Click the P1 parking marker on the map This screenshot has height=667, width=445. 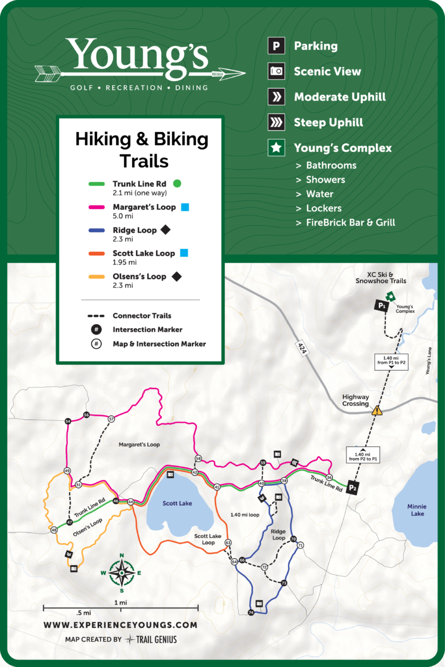click(x=381, y=305)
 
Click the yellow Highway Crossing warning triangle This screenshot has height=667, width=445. click(x=377, y=411)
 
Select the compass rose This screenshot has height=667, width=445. click(x=122, y=573)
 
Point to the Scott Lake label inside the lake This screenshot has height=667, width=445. click(x=177, y=503)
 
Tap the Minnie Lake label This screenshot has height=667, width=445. click(x=417, y=510)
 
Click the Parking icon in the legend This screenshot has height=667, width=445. click(x=276, y=46)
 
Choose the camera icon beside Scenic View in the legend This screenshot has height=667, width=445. click(x=276, y=72)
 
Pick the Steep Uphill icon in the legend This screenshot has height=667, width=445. click(x=276, y=123)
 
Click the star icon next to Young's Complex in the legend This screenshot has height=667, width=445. click(x=276, y=148)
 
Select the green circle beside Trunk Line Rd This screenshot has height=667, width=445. click(x=177, y=184)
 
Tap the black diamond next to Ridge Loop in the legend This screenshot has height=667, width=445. click(x=165, y=230)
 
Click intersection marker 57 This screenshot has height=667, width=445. click(x=111, y=419)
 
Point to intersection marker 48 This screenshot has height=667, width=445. click(x=54, y=530)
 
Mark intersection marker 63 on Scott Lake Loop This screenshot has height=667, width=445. click(x=228, y=543)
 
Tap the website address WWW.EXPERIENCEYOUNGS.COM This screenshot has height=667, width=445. click(x=121, y=625)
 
